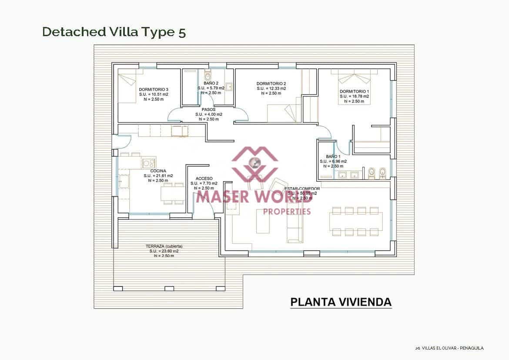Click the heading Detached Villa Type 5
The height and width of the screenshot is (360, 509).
point(114,32)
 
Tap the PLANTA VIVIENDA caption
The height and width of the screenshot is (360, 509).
point(341,302)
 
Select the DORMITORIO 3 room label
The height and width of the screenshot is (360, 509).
point(154,89)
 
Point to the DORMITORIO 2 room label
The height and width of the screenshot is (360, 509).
point(271,84)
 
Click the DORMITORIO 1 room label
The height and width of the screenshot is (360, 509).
point(354,91)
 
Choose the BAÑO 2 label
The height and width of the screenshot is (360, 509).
point(211,83)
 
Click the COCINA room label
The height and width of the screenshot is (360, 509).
point(158,171)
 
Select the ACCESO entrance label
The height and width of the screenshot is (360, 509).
point(204,178)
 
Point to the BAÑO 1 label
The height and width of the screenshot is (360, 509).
point(333,156)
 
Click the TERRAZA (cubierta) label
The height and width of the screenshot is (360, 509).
point(164,246)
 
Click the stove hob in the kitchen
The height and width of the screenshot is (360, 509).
point(149,163)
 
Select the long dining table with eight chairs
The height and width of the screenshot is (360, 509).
point(356,222)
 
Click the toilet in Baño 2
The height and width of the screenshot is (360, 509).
point(208,72)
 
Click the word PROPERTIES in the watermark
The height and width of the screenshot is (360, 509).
point(288,212)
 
